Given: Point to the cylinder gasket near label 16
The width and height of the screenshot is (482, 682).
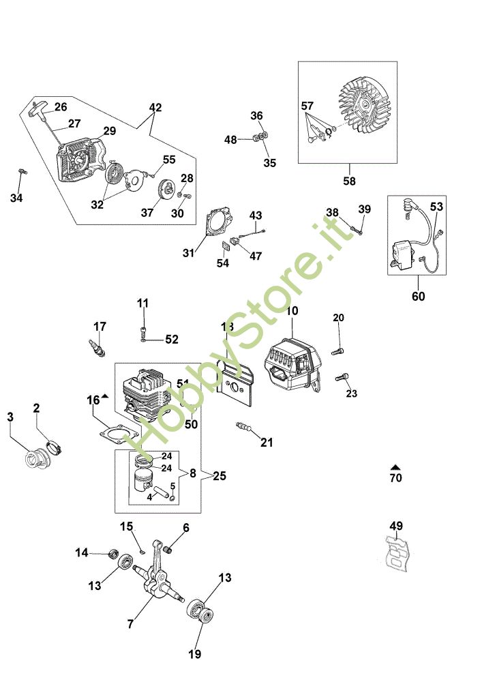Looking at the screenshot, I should [x=118, y=434].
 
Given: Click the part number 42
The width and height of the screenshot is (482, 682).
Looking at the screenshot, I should [x=155, y=107].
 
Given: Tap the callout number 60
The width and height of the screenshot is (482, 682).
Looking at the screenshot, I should [x=418, y=297].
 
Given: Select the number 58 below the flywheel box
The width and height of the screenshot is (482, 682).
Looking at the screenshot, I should [x=349, y=181].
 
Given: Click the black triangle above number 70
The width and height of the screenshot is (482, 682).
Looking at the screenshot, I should [x=395, y=467].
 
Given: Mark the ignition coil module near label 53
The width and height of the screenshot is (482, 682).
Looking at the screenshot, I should [x=405, y=254].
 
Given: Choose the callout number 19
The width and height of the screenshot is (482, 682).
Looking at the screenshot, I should [x=194, y=654].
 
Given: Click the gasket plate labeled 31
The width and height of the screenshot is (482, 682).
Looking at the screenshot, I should [x=218, y=221].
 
